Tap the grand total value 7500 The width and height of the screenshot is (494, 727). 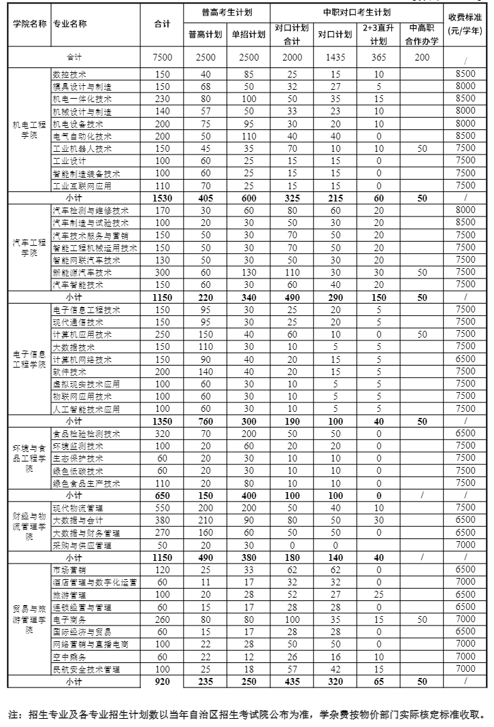(x=162, y=58)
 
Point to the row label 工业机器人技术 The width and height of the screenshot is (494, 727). (x=82, y=148)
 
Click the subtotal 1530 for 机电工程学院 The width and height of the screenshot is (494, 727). (x=162, y=198)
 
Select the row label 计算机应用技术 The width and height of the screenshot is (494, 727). (x=81, y=335)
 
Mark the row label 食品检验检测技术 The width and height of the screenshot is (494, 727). (x=86, y=434)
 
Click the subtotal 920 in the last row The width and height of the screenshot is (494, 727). (x=162, y=682)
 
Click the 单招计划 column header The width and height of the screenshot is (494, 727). (x=249, y=35)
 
